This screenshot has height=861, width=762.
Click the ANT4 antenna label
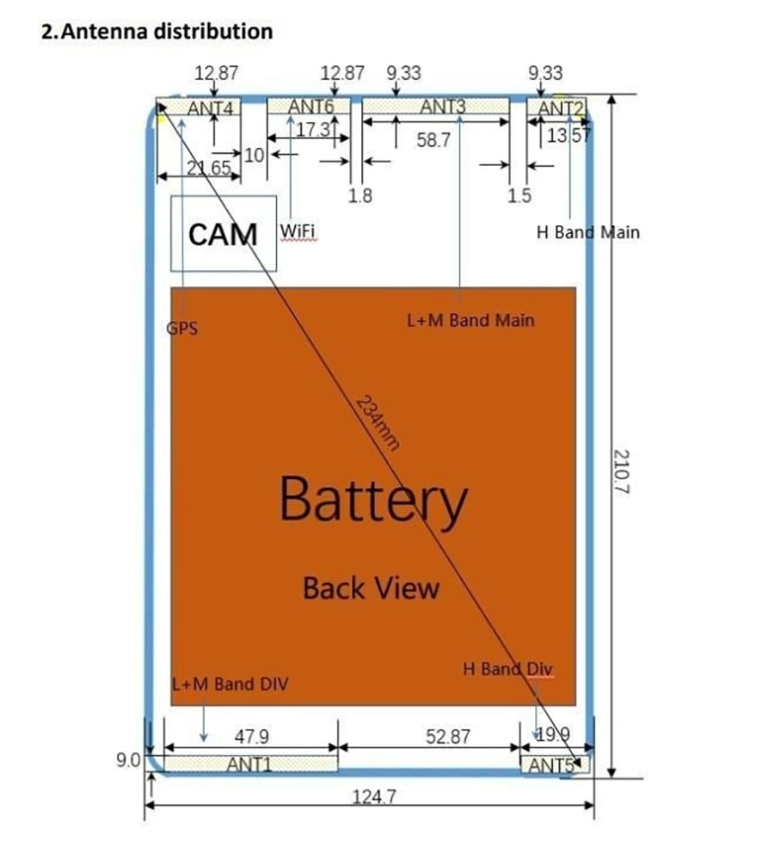(x=211, y=109)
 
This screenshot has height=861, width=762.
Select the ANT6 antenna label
(x=311, y=106)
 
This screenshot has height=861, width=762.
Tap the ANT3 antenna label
(x=443, y=106)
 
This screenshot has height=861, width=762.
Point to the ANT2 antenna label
(x=560, y=109)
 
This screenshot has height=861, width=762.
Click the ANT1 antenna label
(x=248, y=764)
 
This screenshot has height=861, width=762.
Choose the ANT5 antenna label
(x=551, y=765)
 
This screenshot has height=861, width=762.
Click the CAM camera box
(x=223, y=234)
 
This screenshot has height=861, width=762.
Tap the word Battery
(x=373, y=500)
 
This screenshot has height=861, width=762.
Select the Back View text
(x=371, y=588)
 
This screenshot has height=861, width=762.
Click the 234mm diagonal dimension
(x=377, y=422)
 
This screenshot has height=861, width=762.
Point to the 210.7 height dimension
(x=621, y=472)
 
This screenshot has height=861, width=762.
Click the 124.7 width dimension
(x=374, y=796)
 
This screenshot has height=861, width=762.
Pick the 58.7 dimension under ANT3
(x=433, y=140)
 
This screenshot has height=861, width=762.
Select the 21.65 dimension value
(x=209, y=168)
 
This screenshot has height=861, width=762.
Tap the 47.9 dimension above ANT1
(x=251, y=735)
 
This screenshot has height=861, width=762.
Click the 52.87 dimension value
(x=448, y=735)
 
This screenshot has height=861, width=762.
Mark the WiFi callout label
(x=298, y=230)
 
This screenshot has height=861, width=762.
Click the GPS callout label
(x=182, y=328)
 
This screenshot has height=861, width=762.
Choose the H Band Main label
(x=588, y=232)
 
